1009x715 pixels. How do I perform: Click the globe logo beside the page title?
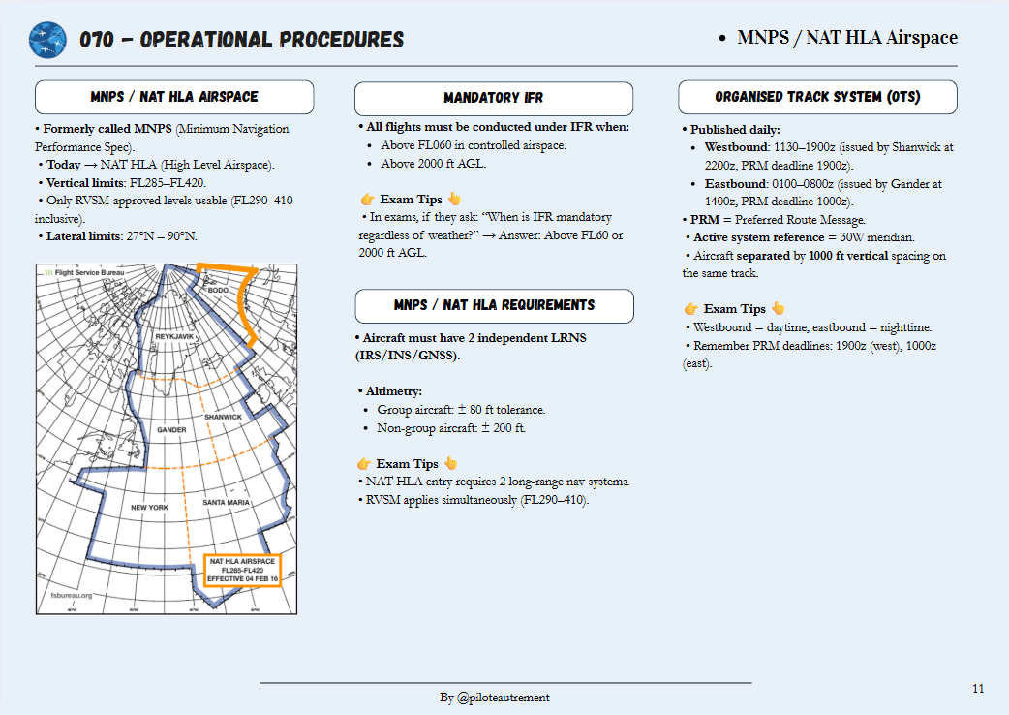(47, 40)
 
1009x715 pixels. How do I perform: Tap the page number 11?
(978, 689)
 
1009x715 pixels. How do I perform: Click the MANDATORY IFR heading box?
(494, 99)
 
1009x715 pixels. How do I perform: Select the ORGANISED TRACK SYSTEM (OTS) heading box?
(817, 98)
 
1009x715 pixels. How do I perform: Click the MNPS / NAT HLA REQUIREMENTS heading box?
(494, 305)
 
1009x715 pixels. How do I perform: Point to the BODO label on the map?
(219, 290)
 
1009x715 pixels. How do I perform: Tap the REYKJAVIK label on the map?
(176, 336)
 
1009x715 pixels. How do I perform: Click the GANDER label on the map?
(171, 429)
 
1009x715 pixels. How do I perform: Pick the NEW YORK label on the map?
(150, 507)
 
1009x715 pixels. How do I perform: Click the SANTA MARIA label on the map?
(227, 503)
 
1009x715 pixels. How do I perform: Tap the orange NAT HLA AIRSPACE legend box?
(242, 570)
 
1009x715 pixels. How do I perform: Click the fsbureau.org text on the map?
(72, 597)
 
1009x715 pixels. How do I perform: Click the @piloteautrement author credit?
(504, 698)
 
